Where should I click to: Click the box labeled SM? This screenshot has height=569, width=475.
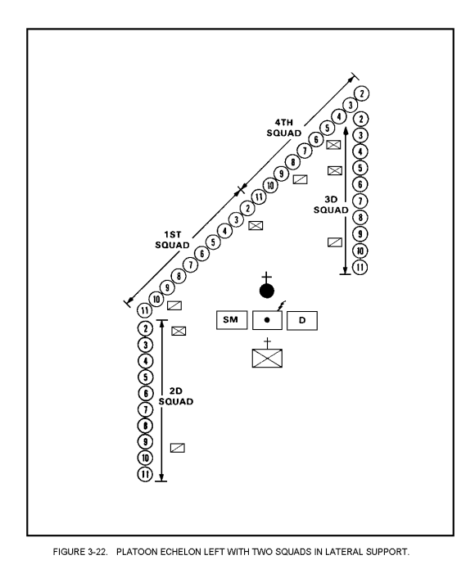coord(232,320)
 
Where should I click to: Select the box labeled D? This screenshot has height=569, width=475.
coord(302,321)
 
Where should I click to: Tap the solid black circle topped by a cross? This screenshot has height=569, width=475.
coord(267,291)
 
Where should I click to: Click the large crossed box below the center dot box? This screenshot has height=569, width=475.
coord(267,358)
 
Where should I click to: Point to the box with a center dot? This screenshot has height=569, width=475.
coord(267,320)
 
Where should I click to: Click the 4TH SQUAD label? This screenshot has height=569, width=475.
coord(284,128)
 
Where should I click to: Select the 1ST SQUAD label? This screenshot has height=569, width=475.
coord(172,240)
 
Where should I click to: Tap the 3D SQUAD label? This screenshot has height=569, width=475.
coord(331,205)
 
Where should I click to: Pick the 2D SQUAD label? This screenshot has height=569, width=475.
coord(175,396)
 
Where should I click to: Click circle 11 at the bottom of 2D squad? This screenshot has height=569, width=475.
coord(145,474)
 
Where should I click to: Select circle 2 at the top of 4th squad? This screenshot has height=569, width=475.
coord(362,93)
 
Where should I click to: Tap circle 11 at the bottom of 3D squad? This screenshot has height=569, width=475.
coord(360,268)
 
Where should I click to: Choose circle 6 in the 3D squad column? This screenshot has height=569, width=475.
coord(360,184)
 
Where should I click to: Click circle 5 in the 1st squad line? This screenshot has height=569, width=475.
coord(213,242)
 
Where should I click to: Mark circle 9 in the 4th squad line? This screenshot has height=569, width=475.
coord(281,174)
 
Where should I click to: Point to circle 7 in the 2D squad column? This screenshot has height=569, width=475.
coord(145,409)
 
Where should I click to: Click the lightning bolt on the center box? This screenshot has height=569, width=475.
coord(282,306)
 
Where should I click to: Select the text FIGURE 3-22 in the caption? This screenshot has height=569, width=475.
coord(80,552)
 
